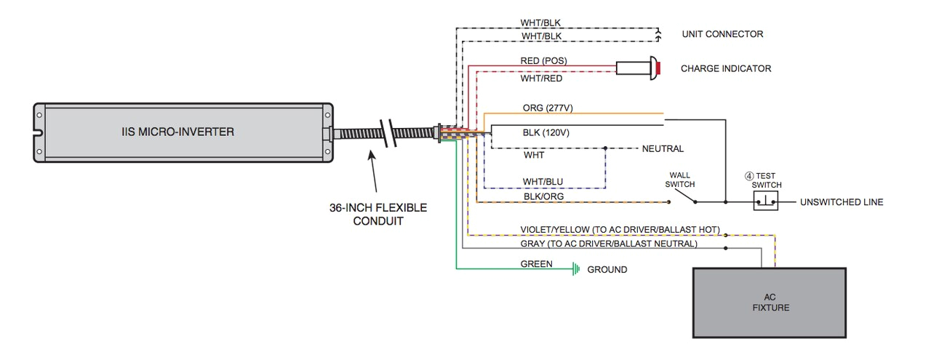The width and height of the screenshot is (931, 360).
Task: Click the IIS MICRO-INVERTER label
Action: [x=178, y=132]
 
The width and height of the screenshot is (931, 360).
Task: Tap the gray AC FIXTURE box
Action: [x=770, y=303]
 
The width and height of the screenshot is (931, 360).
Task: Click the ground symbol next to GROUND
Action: [x=576, y=270]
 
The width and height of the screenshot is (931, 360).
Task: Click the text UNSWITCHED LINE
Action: [x=842, y=202]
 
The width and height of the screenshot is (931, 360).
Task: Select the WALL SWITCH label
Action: [x=679, y=180]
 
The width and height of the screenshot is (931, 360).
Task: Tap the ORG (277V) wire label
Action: [x=548, y=108]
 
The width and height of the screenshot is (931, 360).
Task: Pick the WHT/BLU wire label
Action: [x=543, y=181]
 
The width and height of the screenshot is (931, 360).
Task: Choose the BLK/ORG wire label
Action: [x=543, y=196]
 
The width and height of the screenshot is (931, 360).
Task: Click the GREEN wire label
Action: [x=536, y=264]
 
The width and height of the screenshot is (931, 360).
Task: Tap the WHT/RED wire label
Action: [x=542, y=78]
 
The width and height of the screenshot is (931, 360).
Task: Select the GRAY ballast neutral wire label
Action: [x=608, y=244]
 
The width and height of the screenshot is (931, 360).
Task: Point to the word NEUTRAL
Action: [x=663, y=148]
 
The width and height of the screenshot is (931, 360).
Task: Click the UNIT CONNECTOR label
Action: [x=722, y=34]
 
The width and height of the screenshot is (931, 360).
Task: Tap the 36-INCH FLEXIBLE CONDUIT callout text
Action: [x=378, y=215]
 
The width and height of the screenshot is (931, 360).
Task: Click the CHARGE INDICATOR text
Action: [x=725, y=68]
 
